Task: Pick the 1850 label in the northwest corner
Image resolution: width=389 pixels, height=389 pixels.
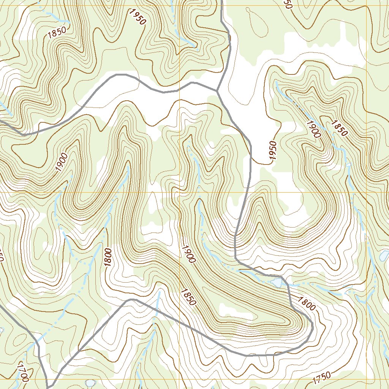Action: click(57, 33)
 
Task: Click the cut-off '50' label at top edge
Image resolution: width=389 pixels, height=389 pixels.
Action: click(288, 4)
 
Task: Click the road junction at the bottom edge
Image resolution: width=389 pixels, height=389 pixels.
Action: click(47, 387)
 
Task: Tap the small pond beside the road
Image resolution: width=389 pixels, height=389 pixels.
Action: click(277, 283)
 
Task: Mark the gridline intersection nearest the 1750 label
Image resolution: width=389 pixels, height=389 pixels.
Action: click(366, 379)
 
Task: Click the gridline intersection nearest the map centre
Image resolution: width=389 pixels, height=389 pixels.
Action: click(179, 192)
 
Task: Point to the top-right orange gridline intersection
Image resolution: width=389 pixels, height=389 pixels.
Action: click(366, 6)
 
